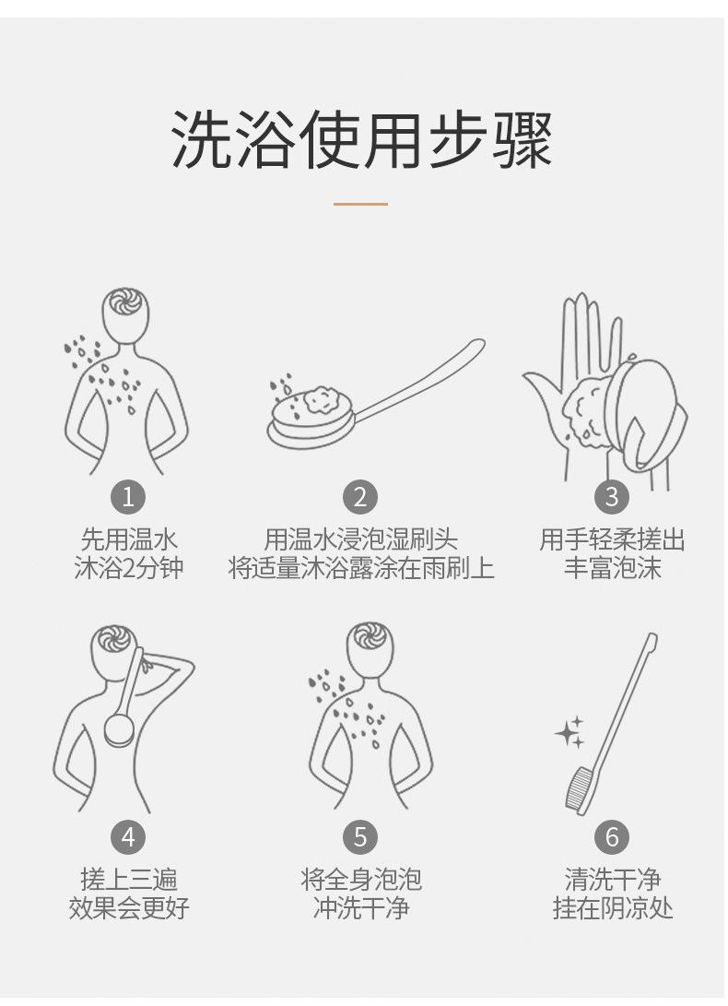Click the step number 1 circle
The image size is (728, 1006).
pyautogui.click(x=128, y=497)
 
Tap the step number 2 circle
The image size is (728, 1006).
pyautogui.click(x=360, y=497)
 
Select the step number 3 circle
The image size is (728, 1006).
pyautogui.click(x=612, y=497)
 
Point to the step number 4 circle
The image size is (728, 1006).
pyautogui.click(x=128, y=836)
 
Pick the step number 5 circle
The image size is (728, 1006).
pyautogui.click(x=360, y=836)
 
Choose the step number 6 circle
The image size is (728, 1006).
pyautogui.click(x=612, y=836)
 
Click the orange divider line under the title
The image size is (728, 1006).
pyautogui.click(x=360, y=204)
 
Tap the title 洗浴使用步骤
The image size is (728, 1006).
pyautogui.click(x=362, y=140)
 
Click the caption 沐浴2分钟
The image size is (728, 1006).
pyautogui.click(x=129, y=568)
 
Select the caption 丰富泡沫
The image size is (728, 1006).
pyautogui.click(x=613, y=568)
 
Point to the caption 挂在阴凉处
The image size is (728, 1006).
pyautogui.click(x=613, y=908)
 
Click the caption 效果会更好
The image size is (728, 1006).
pyautogui.click(x=129, y=908)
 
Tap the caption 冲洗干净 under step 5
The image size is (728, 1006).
pyautogui.click(x=361, y=908)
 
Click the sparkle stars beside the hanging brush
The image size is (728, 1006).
pyautogui.click(x=570, y=732)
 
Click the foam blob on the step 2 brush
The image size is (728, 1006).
pyautogui.click(x=322, y=399)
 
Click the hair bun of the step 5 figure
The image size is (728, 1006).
pyautogui.click(x=370, y=636)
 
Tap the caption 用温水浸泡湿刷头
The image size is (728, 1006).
pyautogui.click(x=361, y=539)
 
